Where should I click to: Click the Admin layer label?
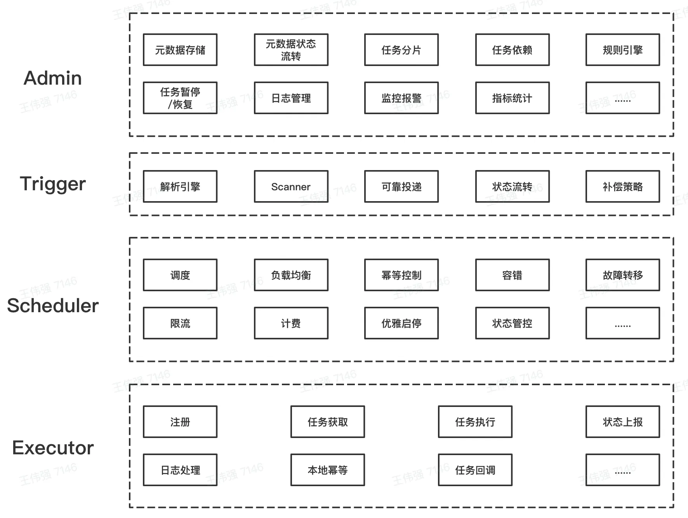pos(53,78)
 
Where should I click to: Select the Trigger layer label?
pos(53,184)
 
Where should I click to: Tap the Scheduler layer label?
pos(53,306)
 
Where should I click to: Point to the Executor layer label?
pos(53,448)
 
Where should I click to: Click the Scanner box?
pos(291,186)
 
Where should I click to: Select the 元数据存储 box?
pos(180,50)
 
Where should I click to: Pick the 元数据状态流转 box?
pos(291,50)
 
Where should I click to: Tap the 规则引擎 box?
pos(623,50)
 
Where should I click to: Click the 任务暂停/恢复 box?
pos(180,98)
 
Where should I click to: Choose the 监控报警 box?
pos(401,98)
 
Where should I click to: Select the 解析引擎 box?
pos(180,186)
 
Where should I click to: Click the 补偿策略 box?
pos(623,186)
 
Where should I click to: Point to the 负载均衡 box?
pos(291,275)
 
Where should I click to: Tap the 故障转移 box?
pos(623,275)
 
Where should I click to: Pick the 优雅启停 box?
pos(401,323)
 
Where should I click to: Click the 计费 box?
pos(291,323)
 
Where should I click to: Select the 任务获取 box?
pos(328,422)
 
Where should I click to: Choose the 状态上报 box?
pos(623,422)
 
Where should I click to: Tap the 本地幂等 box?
pos(328,470)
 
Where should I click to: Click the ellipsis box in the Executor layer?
pos(623,470)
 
